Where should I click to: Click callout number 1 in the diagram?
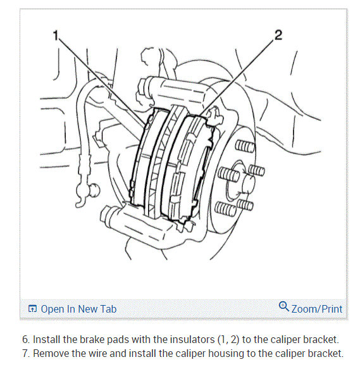pyautogui.click(x=56, y=35)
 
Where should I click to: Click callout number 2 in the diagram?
pyautogui.click(x=278, y=35)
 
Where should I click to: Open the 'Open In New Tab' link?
pyautogui.click(x=78, y=309)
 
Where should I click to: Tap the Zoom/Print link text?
pyautogui.click(x=317, y=309)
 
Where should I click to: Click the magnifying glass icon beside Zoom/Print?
pyautogui.click(x=283, y=306)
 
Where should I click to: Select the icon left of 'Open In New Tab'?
pyautogui.click(x=32, y=309)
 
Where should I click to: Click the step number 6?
pyautogui.click(x=25, y=339)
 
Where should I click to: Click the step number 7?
pyautogui.click(x=25, y=354)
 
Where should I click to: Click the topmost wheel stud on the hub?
pyautogui.click(x=245, y=146)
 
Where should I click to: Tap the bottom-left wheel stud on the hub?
pyautogui.click(x=225, y=209)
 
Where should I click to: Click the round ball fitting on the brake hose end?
pyautogui.click(x=94, y=189)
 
